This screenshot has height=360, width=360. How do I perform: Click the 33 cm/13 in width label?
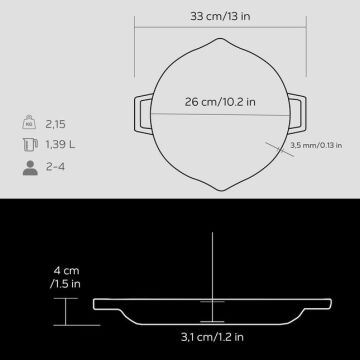tap(215, 15)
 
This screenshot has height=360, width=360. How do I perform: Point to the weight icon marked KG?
tap(26, 124)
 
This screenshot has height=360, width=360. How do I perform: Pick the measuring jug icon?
tap(26, 147)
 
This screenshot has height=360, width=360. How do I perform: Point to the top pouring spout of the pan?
tap(215, 44)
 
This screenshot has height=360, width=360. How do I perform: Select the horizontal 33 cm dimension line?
tap(215, 30)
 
